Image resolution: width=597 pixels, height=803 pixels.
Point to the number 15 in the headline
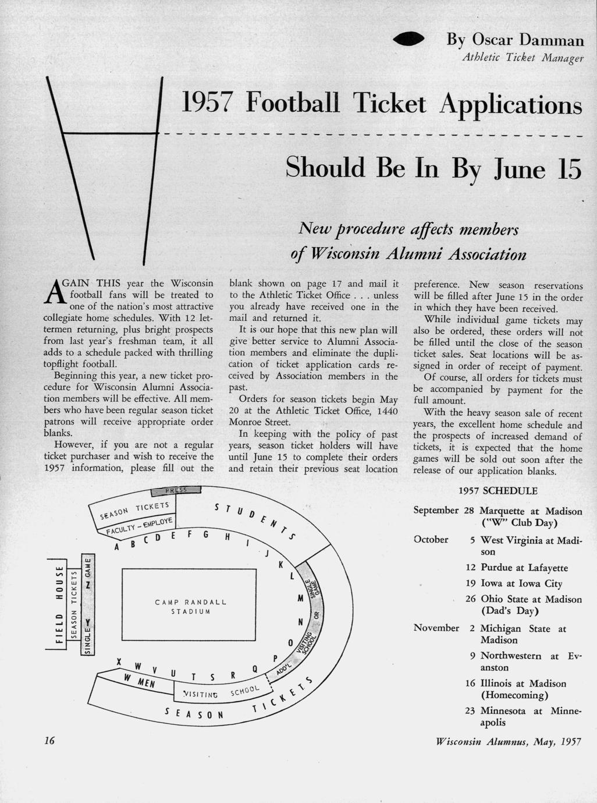click(x=565, y=168)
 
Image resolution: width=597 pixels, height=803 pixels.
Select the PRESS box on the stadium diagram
click(x=175, y=490)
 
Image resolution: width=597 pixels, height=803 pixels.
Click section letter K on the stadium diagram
click(x=280, y=565)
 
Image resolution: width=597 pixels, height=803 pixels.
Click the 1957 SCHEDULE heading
click(x=498, y=491)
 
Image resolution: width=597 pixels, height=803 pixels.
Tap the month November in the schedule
click(x=436, y=628)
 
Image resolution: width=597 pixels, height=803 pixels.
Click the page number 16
click(x=49, y=740)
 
